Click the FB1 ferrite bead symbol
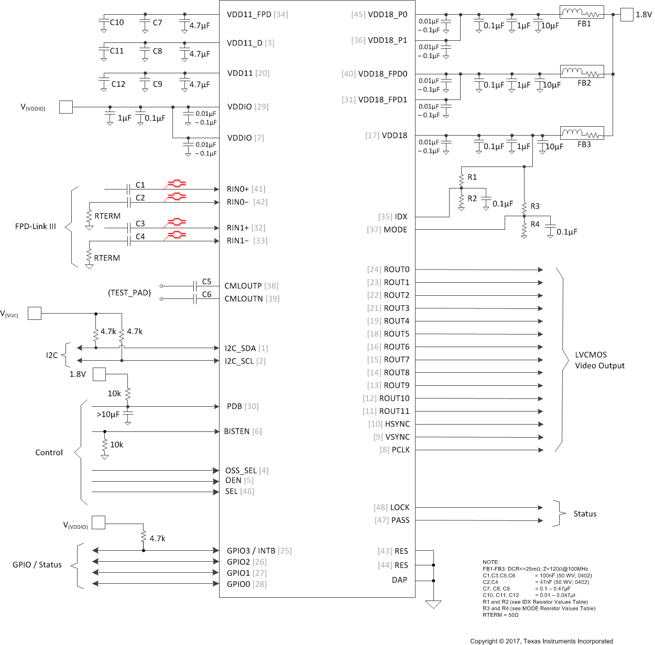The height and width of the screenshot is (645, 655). click(582, 13)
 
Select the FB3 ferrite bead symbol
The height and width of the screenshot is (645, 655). click(582, 133)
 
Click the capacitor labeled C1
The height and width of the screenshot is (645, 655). click(128, 188)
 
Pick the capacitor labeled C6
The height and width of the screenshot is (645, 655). click(195, 298)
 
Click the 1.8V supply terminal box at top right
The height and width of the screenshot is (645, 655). click(627, 15)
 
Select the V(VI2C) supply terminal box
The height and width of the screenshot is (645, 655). click(35, 314)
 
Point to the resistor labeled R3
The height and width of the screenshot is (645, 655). click(524, 207)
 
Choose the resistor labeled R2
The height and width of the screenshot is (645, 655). click(461, 199)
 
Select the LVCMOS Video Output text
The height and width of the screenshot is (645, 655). click(599, 360)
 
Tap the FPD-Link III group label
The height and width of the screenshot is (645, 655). click(36, 226)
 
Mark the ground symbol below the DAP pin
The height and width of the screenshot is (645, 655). click(433, 605)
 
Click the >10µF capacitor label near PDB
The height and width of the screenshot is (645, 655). click(108, 415)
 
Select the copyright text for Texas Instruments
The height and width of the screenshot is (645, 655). click(541, 641)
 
